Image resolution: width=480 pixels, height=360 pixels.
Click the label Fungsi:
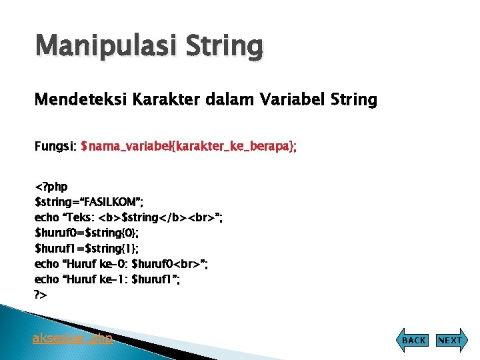coord(55,145)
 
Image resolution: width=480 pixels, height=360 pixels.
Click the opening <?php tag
coord(51,186)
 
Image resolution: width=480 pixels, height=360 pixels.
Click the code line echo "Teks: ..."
coord(129,217)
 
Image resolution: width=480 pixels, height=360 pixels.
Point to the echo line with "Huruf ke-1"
coord(107,279)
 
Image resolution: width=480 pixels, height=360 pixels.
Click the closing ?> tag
coord(41,295)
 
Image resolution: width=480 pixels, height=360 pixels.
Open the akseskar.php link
coord(73,338)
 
